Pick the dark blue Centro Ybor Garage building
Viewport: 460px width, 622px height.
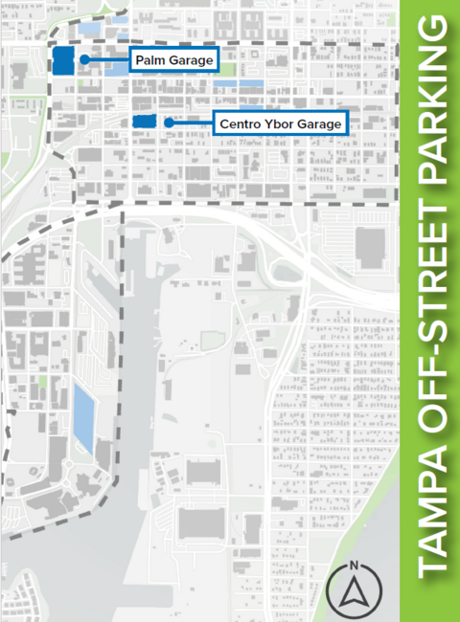coord(144,122)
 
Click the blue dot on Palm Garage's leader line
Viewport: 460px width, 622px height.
coord(85,60)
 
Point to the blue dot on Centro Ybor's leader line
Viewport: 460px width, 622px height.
coord(168,122)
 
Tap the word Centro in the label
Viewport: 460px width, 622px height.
coord(236,124)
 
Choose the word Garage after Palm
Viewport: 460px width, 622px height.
coord(190,60)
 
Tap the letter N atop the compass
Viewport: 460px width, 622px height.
coord(354,566)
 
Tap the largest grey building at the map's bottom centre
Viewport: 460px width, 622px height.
coord(201,522)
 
